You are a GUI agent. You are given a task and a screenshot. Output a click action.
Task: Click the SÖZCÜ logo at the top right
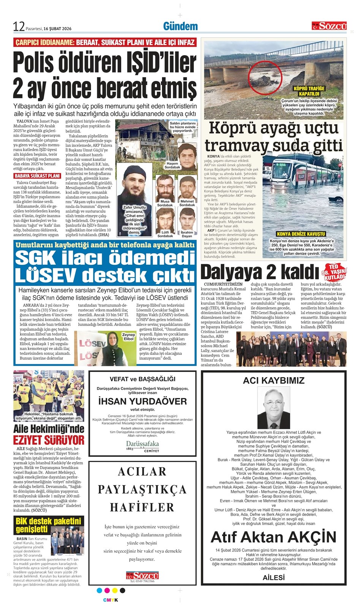[x=329, y=26]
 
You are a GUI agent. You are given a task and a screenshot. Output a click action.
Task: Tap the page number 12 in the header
[x=19, y=27]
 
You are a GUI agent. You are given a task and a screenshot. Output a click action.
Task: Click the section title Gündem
[x=180, y=26]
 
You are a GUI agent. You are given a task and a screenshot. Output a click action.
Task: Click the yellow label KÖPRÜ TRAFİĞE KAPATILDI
[x=309, y=91]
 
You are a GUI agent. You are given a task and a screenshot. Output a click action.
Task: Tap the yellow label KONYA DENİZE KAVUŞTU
[x=301, y=234]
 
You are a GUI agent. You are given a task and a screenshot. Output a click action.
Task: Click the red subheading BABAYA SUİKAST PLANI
[x=37, y=176]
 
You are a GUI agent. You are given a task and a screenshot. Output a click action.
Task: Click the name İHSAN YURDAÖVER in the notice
[x=143, y=402]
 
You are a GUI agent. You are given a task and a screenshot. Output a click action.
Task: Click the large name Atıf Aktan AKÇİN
[x=273, y=537]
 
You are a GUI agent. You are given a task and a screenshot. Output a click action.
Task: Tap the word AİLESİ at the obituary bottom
[x=273, y=577]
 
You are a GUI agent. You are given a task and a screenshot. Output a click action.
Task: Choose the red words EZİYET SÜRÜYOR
[x=49, y=440]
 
